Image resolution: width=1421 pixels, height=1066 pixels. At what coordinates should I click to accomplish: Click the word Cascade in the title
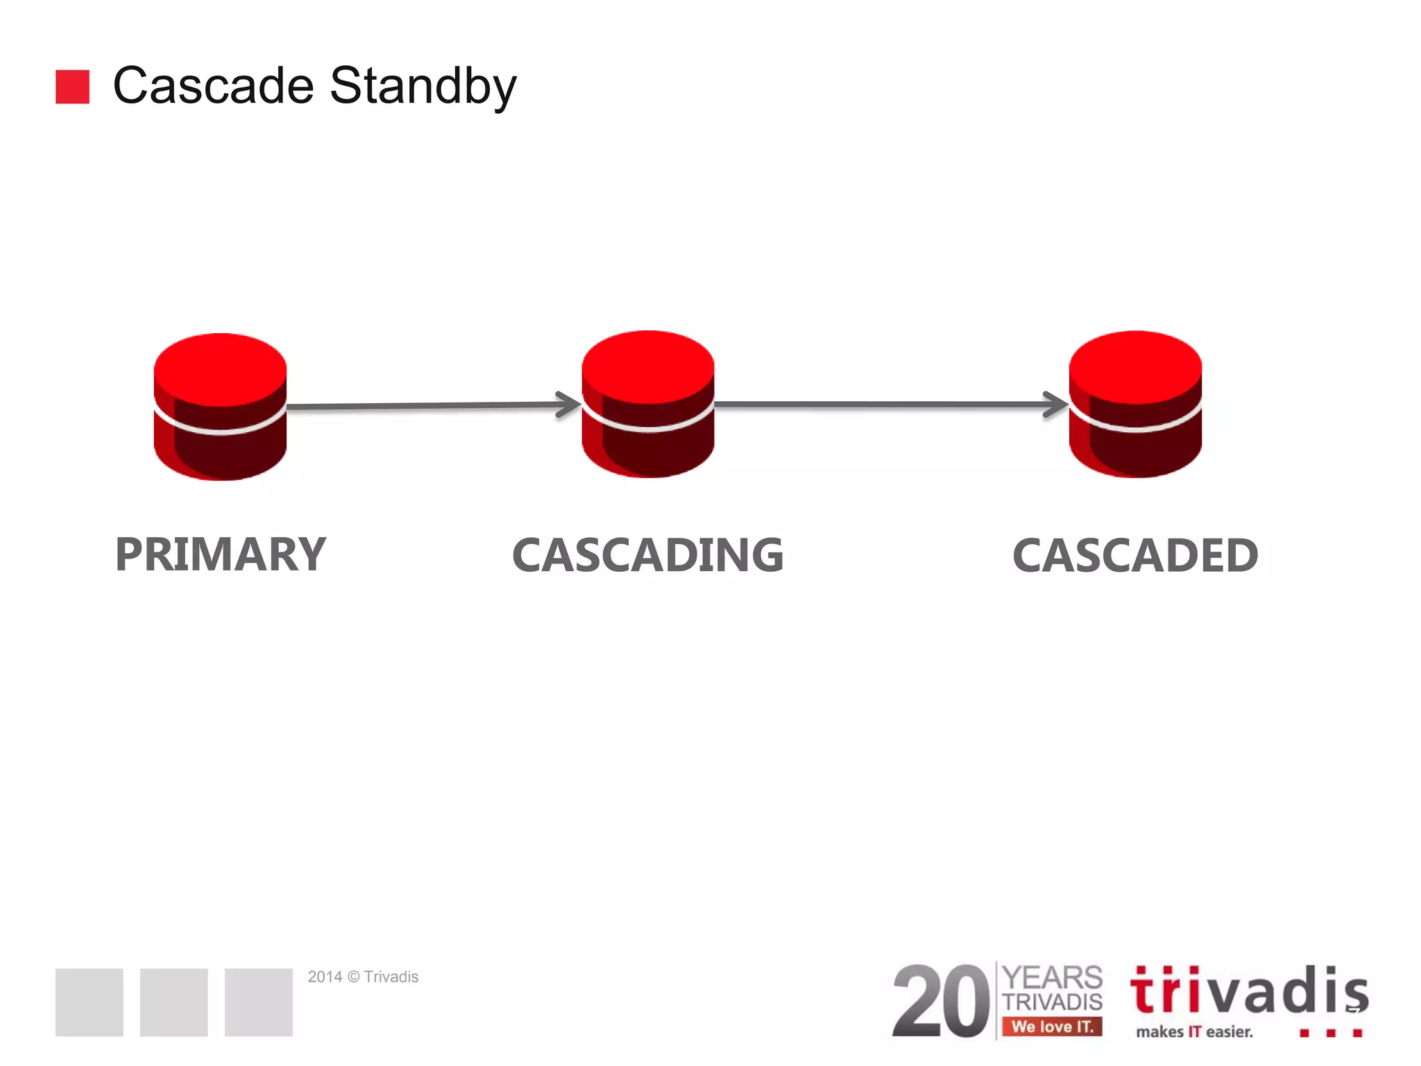click(x=213, y=86)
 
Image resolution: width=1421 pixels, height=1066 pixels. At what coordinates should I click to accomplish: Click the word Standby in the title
click(x=423, y=86)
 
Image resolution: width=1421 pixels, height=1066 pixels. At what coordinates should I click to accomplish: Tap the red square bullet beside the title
click(x=72, y=87)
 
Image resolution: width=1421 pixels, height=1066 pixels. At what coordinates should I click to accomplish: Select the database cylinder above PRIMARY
click(x=220, y=407)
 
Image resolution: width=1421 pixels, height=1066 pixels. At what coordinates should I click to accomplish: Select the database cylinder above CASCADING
click(x=647, y=404)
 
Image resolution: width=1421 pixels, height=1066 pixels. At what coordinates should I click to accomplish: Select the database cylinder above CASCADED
click(x=1135, y=404)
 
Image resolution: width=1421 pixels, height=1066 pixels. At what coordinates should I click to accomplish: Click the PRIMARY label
click(x=220, y=555)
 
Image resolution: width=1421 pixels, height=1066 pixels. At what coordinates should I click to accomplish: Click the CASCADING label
click(x=647, y=555)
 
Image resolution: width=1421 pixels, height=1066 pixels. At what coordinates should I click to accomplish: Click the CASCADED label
click(x=1135, y=556)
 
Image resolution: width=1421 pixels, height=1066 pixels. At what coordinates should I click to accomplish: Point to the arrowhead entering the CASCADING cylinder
click(x=570, y=405)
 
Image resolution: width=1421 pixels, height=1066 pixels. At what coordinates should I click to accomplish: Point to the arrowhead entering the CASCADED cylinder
click(x=1057, y=405)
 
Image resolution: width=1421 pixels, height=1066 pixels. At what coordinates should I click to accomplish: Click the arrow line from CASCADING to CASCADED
click(x=881, y=404)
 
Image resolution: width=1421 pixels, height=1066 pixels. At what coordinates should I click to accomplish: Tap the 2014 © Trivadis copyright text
click(x=363, y=977)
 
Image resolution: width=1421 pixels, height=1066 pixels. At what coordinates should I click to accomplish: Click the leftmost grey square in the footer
click(x=89, y=1002)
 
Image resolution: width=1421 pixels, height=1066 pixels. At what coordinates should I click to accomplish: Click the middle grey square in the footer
click(x=173, y=1002)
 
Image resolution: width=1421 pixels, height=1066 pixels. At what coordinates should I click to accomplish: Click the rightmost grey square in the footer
click(x=258, y=1002)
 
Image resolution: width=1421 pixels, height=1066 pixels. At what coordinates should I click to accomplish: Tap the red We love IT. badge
click(x=1052, y=1026)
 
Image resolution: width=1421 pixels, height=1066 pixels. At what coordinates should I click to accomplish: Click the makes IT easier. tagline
click(x=1194, y=1032)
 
